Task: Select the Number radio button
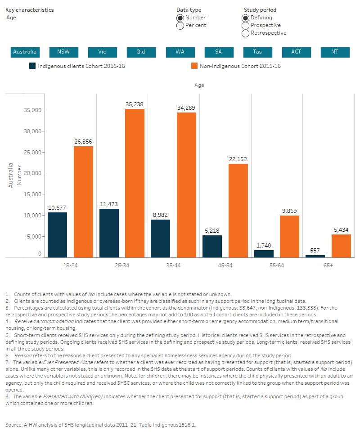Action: click(180, 18)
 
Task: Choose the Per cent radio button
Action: click(180, 26)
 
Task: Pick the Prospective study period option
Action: click(245, 26)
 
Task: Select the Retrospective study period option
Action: click(245, 33)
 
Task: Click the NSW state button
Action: click(63, 52)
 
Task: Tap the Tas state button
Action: click(257, 52)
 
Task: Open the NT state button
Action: click(335, 52)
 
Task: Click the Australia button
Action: click(25, 52)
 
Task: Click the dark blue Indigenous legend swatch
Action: click(32, 66)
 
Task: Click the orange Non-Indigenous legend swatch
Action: click(194, 66)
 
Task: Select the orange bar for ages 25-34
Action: click(135, 183)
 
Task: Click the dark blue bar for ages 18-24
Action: click(57, 234)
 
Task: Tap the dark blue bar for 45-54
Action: click(212, 246)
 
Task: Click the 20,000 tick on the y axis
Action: click(32, 173)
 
